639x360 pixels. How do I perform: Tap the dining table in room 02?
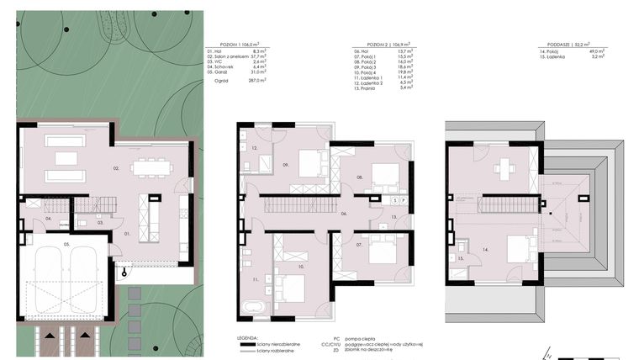[x=150, y=167]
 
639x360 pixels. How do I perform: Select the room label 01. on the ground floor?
[x=128, y=231]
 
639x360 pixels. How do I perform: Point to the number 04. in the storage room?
[x=49, y=219]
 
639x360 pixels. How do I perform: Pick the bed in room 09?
[x=309, y=165]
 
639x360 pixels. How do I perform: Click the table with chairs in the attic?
[x=504, y=167]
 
